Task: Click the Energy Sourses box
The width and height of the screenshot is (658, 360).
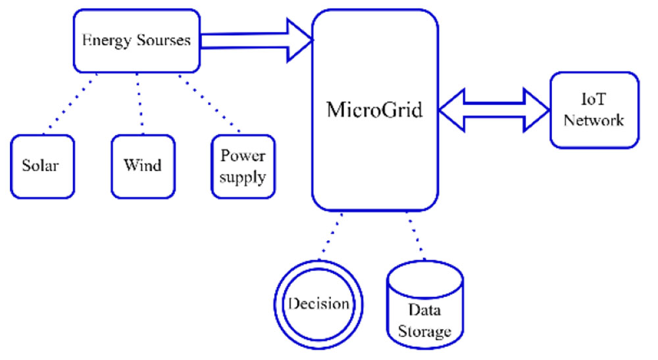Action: click(x=136, y=40)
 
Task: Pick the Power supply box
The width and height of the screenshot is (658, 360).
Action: click(x=243, y=167)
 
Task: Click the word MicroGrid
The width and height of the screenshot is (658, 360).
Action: click(x=374, y=109)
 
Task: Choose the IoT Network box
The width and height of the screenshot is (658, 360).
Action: click(x=594, y=110)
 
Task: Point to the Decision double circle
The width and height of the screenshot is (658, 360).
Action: click(x=319, y=305)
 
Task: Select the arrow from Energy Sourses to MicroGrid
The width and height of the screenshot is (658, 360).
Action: click(x=257, y=40)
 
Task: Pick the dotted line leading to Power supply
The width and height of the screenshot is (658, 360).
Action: click(x=211, y=103)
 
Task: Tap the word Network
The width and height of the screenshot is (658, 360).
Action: click(x=594, y=120)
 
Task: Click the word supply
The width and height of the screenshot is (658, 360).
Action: click(x=243, y=177)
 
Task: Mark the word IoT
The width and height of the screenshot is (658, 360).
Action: click(x=594, y=99)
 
